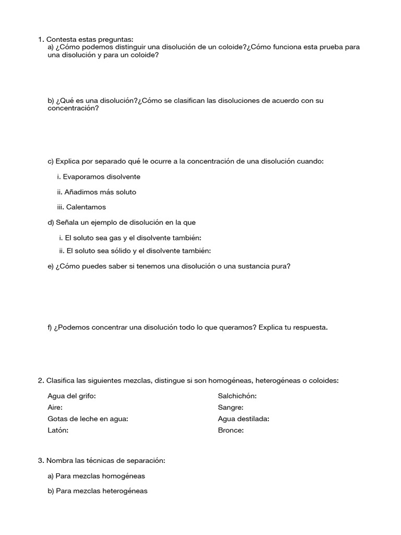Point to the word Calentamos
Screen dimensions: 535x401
(86, 207)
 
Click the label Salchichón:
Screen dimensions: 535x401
(237, 396)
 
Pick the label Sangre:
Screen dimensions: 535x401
(231, 408)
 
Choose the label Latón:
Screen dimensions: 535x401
(58, 431)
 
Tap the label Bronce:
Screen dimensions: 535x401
(231, 431)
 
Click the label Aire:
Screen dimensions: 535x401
(55, 408)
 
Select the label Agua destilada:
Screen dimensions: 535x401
(243, 419)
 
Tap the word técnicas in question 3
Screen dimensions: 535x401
(102, 461)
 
